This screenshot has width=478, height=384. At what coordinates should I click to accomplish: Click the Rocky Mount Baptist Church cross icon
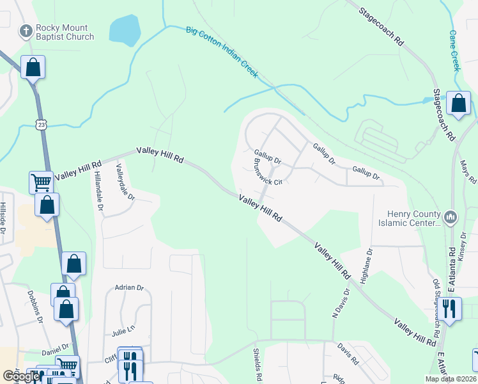pos(26,30)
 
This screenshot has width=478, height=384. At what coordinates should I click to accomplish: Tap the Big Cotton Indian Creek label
pos(222,52)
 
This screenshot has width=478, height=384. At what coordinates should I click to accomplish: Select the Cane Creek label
pos(454,50)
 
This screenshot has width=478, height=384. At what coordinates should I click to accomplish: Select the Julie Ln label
pos(123,331)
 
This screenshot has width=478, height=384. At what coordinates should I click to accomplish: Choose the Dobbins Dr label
pos(35,305)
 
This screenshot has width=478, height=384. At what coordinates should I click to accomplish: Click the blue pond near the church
pos(125,29)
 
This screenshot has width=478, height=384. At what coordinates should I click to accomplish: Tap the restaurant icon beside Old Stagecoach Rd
pos(450,308)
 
